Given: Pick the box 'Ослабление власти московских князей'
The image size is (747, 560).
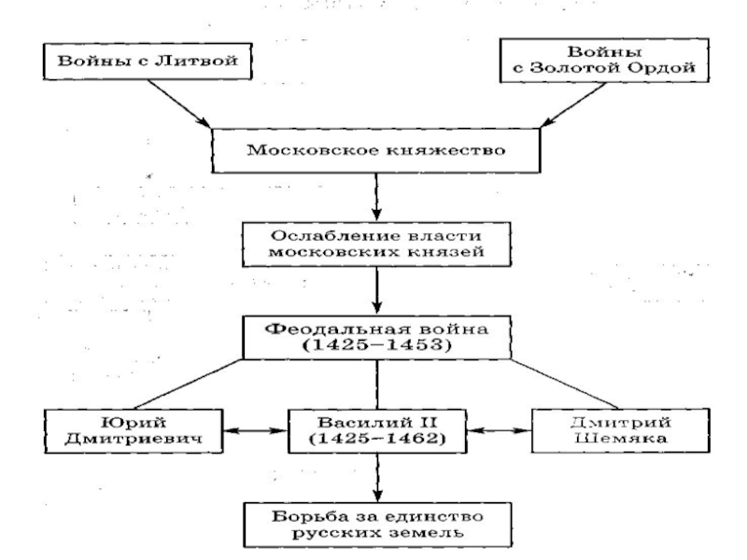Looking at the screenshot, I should (375, 242).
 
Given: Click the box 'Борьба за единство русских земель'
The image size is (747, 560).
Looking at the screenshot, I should (375, 524).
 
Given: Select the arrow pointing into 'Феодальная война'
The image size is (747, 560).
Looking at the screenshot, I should (375, 291).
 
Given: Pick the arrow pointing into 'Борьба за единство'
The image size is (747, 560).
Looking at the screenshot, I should (375, 479).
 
